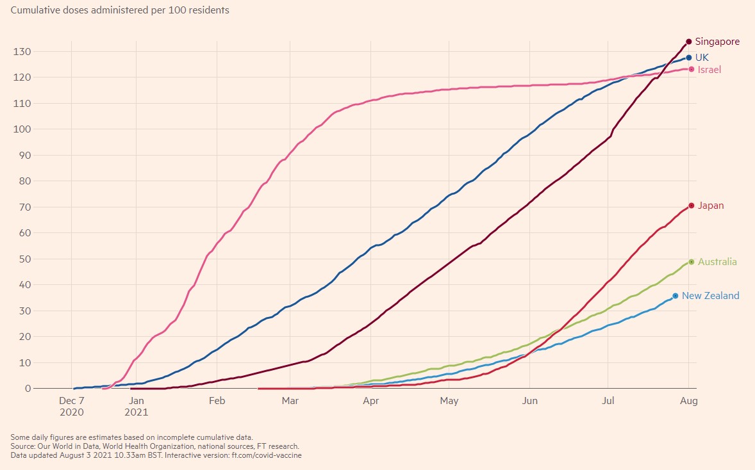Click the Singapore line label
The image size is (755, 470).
[717, 42]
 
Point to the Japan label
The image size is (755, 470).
[711, 206]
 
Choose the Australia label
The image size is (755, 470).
[717, 262]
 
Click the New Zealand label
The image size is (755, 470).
[710, 296]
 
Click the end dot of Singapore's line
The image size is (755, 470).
[688, 42]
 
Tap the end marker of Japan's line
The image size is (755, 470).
[692, 206]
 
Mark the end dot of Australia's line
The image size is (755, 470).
[692, 262]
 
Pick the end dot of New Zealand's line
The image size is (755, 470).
[676, 296]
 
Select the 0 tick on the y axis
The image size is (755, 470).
[28, 389]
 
